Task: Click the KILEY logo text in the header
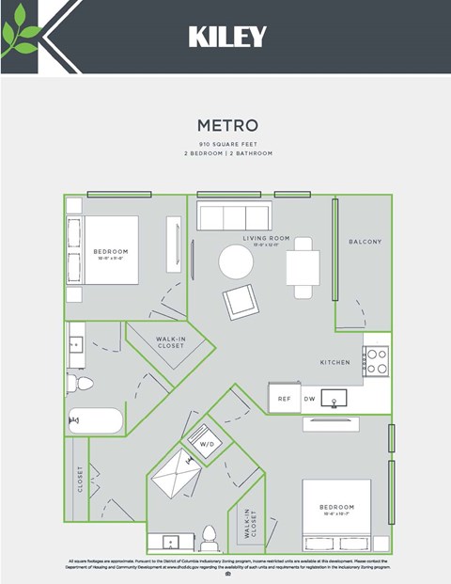227,37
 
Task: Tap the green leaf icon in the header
20,38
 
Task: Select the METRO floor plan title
226,125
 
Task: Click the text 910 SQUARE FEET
226,143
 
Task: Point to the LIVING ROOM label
266,239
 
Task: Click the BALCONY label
365,242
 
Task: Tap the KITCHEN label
334,362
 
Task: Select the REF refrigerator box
284,399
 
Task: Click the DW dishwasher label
309,399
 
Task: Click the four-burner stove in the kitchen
377,361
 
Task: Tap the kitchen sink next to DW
334,398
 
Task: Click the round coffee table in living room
236,261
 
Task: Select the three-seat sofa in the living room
233,217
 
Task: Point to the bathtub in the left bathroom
94,420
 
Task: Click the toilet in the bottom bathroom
210,537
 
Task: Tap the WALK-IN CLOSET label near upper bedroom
170,342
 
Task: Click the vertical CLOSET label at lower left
80,479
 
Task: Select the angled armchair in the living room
238,302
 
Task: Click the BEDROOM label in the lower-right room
335,507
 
